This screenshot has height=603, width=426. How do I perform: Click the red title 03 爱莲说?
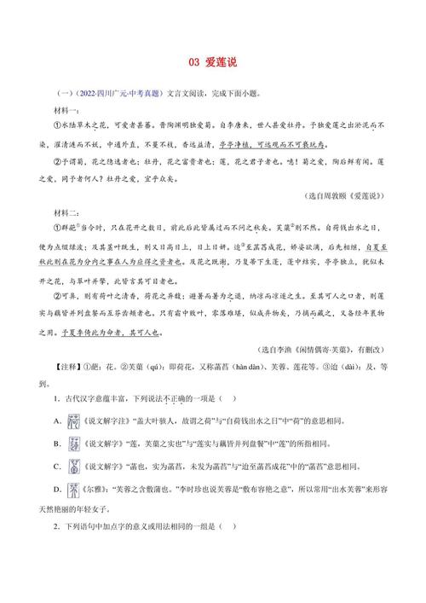[213, 62]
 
